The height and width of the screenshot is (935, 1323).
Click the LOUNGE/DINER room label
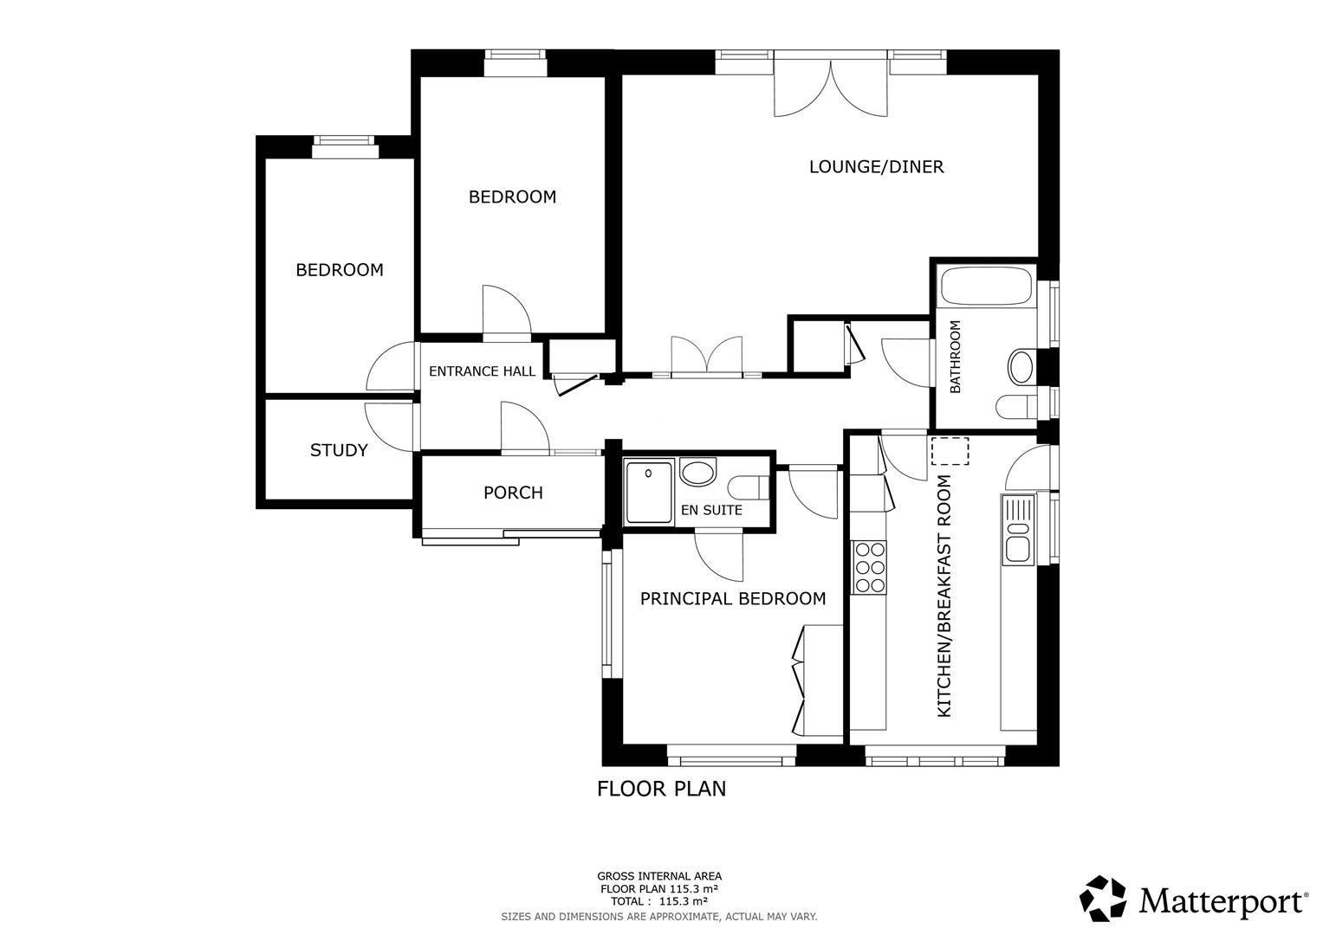(876, 167)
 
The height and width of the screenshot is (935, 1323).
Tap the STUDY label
(339, 450)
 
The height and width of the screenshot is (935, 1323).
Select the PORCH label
(513, 493)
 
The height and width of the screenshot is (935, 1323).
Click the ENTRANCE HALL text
(482, 371)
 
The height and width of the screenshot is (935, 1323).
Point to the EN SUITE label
(711, 510)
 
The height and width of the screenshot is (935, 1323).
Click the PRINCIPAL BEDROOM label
(732, 598)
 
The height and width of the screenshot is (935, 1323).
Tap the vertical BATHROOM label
(956, 357)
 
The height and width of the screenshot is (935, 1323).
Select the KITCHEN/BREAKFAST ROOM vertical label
(944, 596)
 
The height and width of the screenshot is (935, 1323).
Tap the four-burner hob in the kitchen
(869, 566)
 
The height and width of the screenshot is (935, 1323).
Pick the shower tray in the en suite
(648, 493)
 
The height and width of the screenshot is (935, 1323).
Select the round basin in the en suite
(697, 473)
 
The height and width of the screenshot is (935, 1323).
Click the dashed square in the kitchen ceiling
(950, 451)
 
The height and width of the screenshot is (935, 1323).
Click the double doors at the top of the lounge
(830, 87)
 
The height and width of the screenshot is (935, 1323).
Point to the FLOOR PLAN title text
(661, 789)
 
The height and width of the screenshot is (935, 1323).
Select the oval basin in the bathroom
(1021, 367)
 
